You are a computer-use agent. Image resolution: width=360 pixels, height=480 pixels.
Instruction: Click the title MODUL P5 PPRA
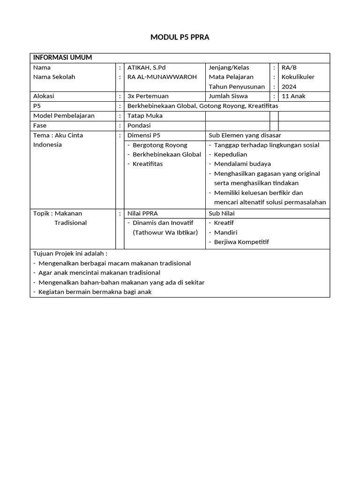click(180, 37)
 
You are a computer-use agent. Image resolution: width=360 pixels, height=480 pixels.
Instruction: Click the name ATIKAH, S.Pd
click(147, 67)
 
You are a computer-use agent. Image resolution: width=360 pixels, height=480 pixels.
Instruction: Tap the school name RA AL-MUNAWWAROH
click(162, 77)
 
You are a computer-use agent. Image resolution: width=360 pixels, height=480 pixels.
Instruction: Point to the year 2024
click(289, 87)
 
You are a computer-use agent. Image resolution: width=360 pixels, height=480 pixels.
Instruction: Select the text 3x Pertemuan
click(148, 96)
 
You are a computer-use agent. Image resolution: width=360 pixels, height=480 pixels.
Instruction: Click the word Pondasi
click(139, 125)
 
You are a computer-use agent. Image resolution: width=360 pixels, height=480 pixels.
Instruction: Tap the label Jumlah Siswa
click(228, 96)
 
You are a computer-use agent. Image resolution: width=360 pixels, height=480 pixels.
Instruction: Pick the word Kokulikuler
click(298, 77)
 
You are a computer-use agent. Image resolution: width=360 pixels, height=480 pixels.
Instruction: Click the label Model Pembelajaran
click(64, 115)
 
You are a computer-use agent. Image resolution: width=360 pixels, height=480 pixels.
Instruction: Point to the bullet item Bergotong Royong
click(160, 145)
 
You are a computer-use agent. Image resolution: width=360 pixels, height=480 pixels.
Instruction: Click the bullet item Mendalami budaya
click(242, 164)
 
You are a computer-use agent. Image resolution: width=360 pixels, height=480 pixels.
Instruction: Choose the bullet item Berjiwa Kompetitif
click(241, 242)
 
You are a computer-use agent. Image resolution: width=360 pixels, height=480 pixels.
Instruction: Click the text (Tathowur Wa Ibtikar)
click(165, 232)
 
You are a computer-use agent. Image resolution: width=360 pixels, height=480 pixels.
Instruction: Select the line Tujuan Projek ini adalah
click(70, 254)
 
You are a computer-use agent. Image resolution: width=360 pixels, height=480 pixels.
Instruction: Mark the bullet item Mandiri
click(225, 232)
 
